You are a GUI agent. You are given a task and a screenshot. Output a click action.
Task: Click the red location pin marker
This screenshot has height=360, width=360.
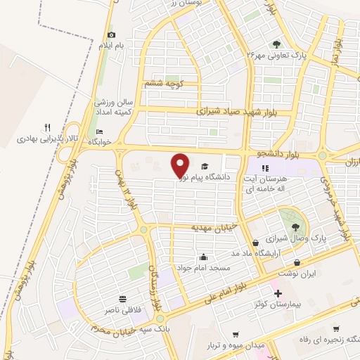click(180, 165)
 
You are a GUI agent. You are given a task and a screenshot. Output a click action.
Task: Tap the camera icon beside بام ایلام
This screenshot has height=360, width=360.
click(111, 35)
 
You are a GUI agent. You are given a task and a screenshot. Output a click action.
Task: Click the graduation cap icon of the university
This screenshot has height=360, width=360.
click(204, 167)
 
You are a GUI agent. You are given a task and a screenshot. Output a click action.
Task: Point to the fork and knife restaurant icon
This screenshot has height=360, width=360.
click(47, 127)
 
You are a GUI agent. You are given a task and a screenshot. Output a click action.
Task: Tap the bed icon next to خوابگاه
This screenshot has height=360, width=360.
click(99, 132)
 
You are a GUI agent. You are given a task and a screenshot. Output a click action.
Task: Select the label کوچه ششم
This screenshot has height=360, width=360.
click(164, 83)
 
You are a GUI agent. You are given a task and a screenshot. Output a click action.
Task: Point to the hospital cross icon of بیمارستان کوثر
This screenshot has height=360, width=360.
click(278, 293)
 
